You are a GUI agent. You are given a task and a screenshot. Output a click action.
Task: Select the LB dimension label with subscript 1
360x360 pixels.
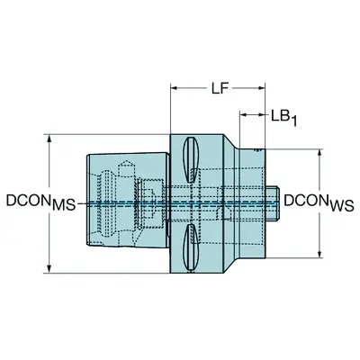[x=282, y=116]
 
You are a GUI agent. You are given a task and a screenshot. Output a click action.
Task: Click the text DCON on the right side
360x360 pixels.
[x=307, y=198]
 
